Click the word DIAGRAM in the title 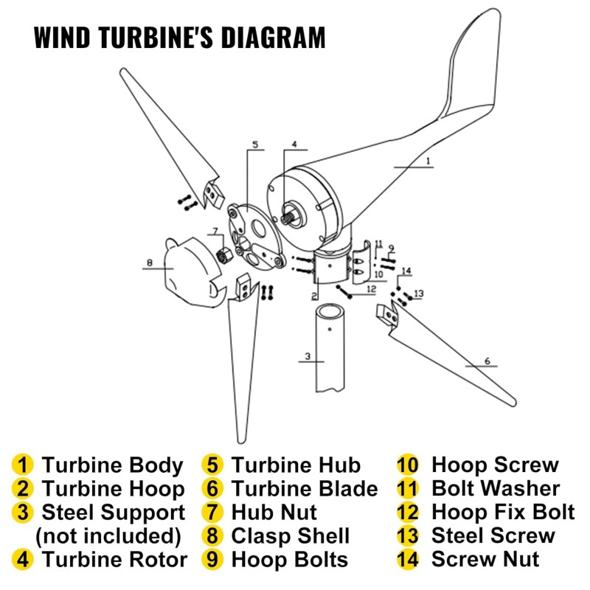(x=273, y=38)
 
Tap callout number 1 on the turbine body (x=428, y=161)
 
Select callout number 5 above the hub (x=255, y=145)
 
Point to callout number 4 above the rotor (x=294, y=144)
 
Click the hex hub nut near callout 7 (x=224, y=255)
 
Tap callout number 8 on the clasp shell (x=150, y=263)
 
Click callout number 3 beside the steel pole (x=308, y=356)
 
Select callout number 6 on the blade (x=487, y=361)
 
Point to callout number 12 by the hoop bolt (x=371, y=289)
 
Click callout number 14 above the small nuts (x=406, y=271)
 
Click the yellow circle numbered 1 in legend (x=23, y=465)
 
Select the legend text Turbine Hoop (x=113, y=488)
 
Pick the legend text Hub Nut (x=274, y=512)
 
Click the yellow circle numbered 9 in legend (x=212, y=560)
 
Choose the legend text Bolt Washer (x=496, y=488)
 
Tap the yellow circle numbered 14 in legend (x=408, y=560)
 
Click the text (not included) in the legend (x=108, y=536)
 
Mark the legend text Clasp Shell (x=291, y=536)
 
